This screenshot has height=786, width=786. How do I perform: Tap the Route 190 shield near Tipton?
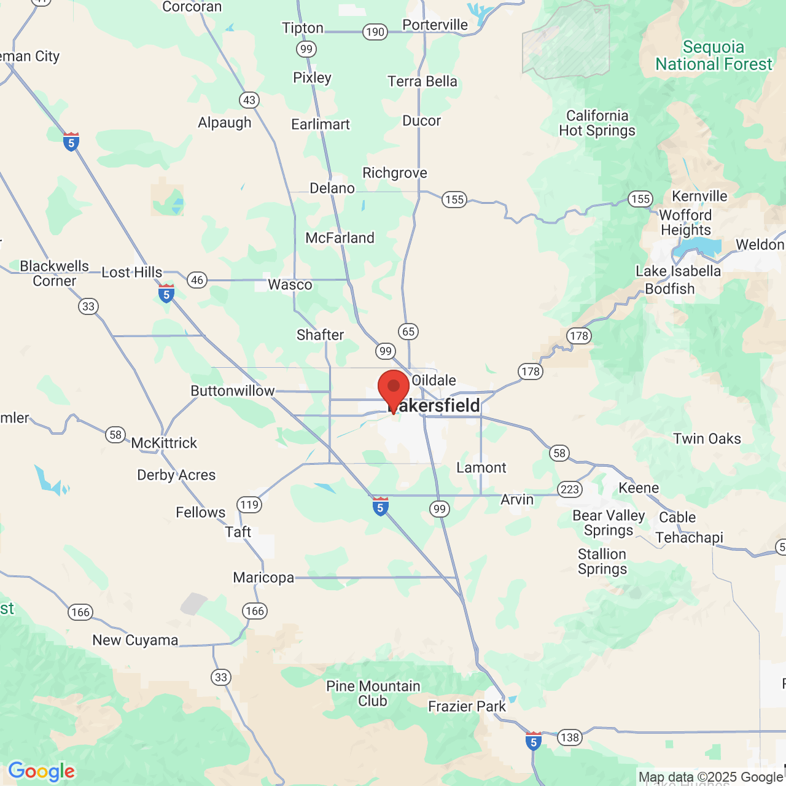click(x=375, y=32)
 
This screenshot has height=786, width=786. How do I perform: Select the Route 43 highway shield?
click(x=249, y=100)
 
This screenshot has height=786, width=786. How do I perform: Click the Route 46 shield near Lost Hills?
click(x=197, y=280)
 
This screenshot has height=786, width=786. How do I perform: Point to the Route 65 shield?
click(x=408, y=332)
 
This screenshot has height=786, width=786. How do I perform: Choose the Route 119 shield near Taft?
click(x=249, y=505)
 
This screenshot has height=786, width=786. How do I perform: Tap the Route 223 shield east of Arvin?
click(x=570, y=489)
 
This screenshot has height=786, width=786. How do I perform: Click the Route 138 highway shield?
click(x=570, y=737)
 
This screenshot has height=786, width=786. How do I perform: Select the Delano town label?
click(x=332, y=189)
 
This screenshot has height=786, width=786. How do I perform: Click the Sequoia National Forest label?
click(x=714, y=56)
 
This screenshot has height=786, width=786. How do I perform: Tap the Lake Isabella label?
click(x=678, y=271)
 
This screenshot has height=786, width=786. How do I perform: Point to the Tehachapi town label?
click(x=689, y=538)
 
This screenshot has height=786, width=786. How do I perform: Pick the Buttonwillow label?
click(x=232, y=391)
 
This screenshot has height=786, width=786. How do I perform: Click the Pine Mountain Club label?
click(x=373, y=693)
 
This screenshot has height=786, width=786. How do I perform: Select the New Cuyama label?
click(x=135, y=640)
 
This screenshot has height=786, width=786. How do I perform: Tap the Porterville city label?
click(x=435, y=25)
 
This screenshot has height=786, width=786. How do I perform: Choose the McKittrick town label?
click(x=164, y=443)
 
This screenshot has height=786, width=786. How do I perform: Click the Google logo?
click(x=41, y=771)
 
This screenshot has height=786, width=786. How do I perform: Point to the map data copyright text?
click(x=710, y=777)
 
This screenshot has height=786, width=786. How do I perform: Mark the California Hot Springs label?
click(x=597, y=123)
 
